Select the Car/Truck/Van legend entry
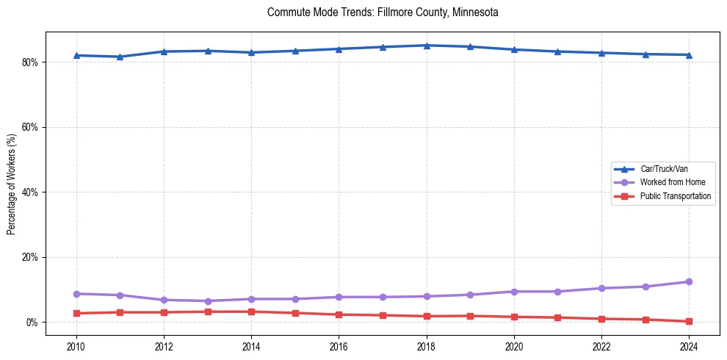[x=664, y=169]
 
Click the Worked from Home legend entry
[x=669, y=182]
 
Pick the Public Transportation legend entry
[x=676, y=196]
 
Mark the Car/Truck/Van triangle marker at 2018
[x=427, y=46]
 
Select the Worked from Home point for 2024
[x=689, y=281]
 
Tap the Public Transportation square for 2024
[x=689, y=321]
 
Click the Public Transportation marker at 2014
[x=251, y=312]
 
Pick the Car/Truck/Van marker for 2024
[x=689, y=54]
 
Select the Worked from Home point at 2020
[x=514, y=292]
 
